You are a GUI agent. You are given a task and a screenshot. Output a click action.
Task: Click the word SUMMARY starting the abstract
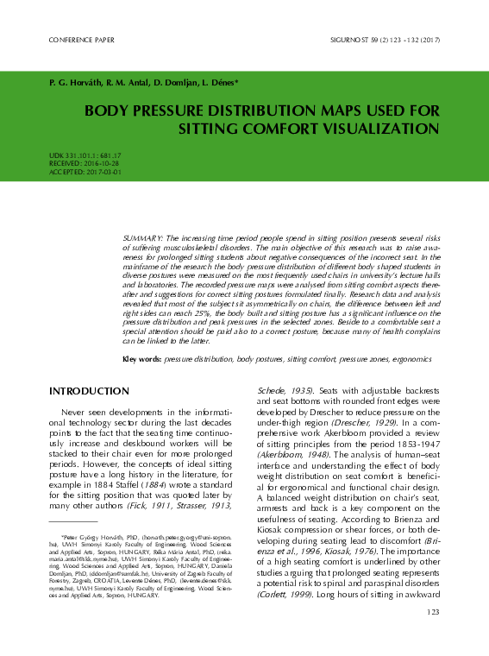pyautogui.click(x=142, y=236)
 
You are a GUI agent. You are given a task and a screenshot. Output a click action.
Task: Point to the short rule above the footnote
pyautogui.click(x=72, y=521)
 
